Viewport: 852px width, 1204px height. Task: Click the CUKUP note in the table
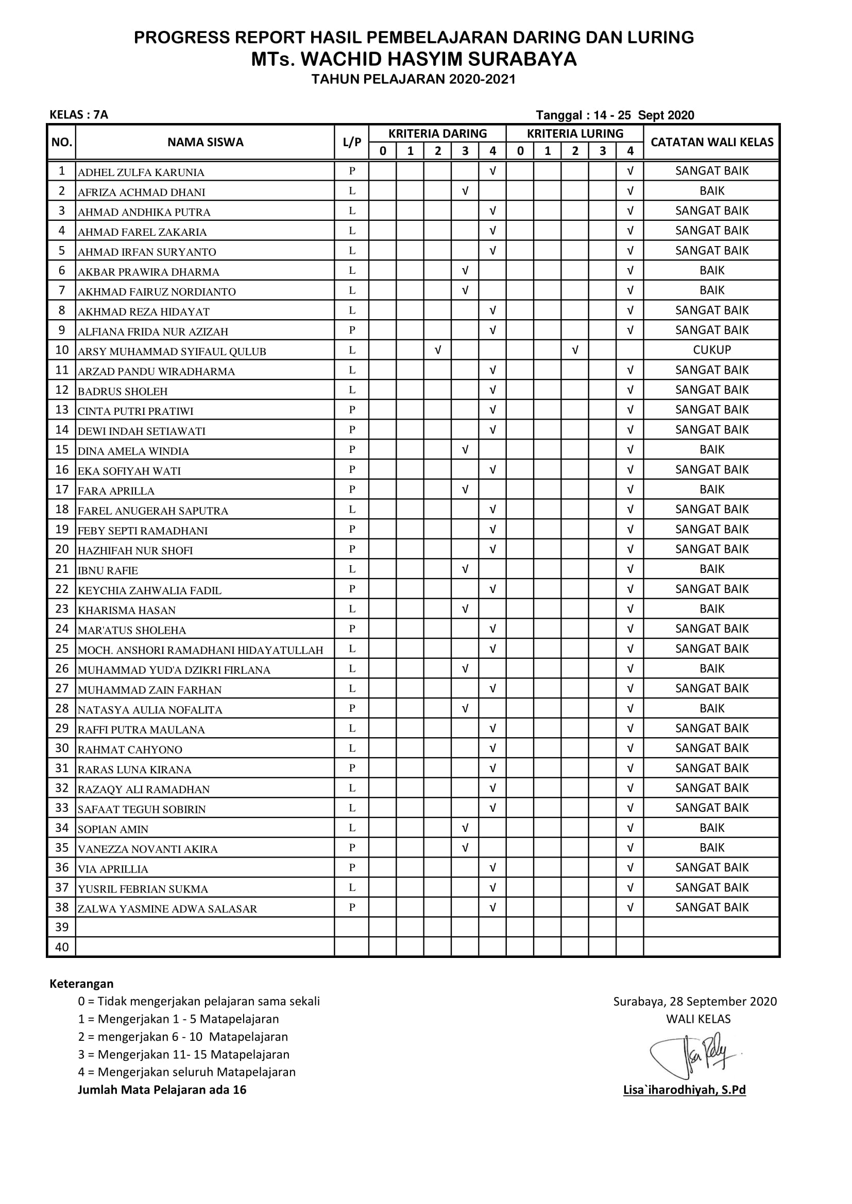click(x=711, y=350)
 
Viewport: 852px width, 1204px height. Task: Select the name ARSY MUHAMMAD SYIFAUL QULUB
click(x=172, y=352)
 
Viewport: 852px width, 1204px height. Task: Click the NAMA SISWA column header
click(x=205, y=142)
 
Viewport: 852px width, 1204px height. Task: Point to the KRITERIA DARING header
click(x=437, y=134)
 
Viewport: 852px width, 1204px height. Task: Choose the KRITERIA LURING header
click(x=574, y=134)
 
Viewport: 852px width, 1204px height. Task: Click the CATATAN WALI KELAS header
click(x=711, y=142)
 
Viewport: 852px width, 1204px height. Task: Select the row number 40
click(x=62, y=947)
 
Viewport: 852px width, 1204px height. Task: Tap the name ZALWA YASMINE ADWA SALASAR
click(x=167, y=909)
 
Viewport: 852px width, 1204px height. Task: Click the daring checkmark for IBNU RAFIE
click(x=465, y=569)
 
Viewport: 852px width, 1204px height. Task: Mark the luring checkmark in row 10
click(x=575, y=350)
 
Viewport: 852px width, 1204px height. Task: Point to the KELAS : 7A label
click(x=79, y=115)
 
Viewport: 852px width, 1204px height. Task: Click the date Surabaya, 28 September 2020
click(x=694, y=1001)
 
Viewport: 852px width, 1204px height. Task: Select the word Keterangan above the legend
click(x=81, y=983)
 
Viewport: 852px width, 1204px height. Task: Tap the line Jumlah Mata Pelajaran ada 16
click(x=162, y=1090)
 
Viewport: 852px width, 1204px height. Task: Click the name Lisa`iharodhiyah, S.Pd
click(x=684, y=1090)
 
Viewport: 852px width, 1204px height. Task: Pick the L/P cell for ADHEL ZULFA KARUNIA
click(x=352, y=170)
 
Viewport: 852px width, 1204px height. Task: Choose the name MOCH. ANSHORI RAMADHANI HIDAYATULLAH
click(x=200, y=650)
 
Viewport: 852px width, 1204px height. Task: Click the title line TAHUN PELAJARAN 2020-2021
click(x=414, y=79)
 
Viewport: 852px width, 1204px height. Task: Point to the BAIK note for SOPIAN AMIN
click(x=711, y=828)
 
